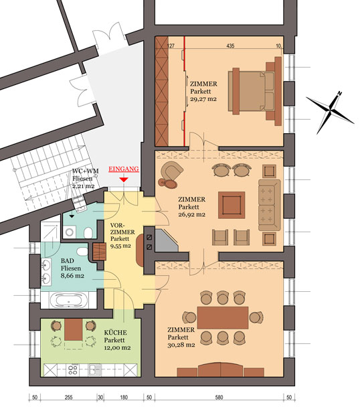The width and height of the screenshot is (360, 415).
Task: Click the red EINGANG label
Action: point(124,169)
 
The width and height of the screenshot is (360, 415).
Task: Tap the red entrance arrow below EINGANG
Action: point(124,179)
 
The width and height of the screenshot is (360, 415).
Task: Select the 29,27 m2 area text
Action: point(203,99)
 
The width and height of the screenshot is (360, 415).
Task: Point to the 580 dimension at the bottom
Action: point(219,398)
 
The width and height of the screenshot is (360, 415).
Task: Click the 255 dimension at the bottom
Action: point(68,398)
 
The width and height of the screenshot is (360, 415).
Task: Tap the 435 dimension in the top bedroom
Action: point(230,46)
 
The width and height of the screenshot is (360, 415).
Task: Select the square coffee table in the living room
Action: point(232,205)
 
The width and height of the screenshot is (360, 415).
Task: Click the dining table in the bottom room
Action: point(223,317)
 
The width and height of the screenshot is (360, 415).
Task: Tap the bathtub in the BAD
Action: point(69,301)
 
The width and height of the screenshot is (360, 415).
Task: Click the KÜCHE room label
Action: point(115,333)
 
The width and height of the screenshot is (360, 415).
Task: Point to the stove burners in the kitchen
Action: point(73,369)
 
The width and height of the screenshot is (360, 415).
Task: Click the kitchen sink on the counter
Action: point(95,369)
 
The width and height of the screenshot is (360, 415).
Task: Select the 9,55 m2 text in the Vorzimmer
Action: point(120,246)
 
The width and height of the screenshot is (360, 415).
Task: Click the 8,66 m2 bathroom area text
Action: point(72,276)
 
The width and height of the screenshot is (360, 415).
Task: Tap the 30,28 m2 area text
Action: point(181,345)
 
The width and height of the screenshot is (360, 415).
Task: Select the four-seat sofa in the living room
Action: point(269,205)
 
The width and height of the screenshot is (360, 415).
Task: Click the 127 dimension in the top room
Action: point(171,46)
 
